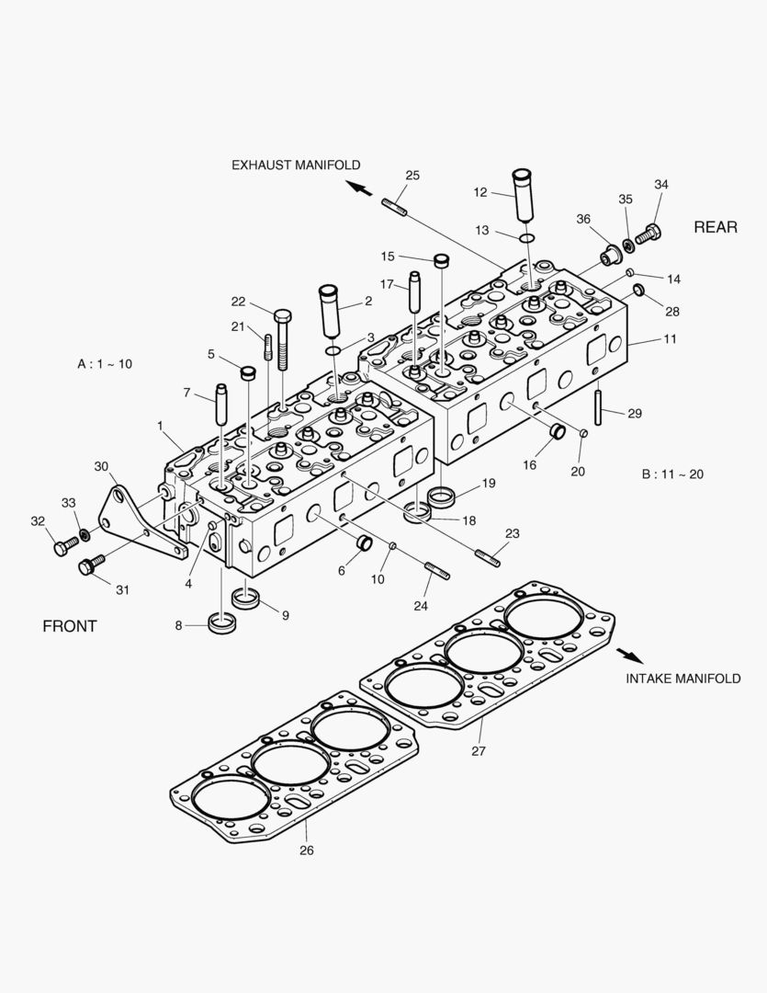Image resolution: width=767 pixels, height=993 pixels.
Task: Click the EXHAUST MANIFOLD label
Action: [295, 165]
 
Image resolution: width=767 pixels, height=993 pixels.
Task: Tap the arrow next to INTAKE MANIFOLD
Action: [629, 655]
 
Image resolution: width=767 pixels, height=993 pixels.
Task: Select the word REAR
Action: [715, 227]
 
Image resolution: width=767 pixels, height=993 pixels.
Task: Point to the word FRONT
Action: [70, 626]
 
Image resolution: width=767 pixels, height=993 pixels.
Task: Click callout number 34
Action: [660, 185]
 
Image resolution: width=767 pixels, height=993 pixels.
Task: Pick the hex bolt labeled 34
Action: [648, 234]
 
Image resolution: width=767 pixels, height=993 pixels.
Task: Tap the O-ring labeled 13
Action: [524, 238]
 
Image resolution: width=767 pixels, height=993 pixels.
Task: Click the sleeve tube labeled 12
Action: [523, 193]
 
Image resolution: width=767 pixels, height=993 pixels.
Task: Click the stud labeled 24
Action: [437, 574]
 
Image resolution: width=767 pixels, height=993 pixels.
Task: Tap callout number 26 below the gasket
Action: [307, 850]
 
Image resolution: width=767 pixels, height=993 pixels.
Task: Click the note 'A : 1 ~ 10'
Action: [105, 364]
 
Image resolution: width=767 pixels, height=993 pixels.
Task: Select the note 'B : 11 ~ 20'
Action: [671, 474]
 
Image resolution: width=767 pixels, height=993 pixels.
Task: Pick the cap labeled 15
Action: [440, 260]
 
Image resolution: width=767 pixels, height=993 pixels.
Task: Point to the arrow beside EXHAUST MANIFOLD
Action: [359, 188]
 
